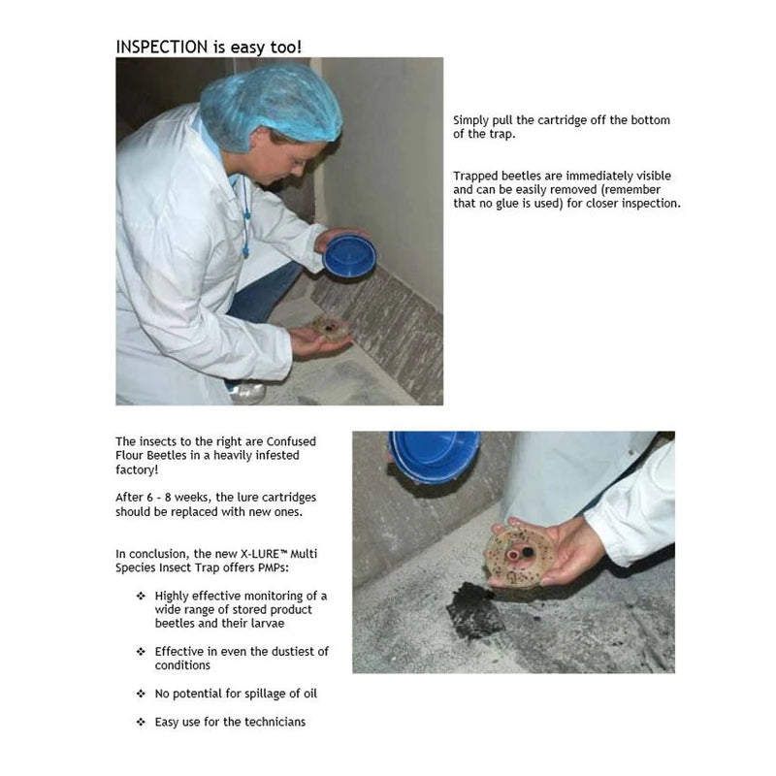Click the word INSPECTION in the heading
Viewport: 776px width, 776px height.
(162, 47)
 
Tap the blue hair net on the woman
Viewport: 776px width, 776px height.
(271, 107)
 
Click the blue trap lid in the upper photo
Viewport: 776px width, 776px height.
(350, 255)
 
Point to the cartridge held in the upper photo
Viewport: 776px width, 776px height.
(329, 328)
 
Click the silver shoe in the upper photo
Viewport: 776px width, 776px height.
(247, 393)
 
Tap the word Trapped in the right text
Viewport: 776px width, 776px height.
(472, 177)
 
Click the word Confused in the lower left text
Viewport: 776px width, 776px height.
(291, 441)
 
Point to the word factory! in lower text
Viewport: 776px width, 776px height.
(137, 469)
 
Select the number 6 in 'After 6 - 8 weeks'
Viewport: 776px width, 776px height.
(150, 498)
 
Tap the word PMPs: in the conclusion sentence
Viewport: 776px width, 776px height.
(274, 567)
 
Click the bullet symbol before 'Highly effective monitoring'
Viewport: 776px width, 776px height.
(141, 596)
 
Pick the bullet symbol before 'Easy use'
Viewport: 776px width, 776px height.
(141, 722)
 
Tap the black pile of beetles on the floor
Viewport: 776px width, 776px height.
(474, 611)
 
